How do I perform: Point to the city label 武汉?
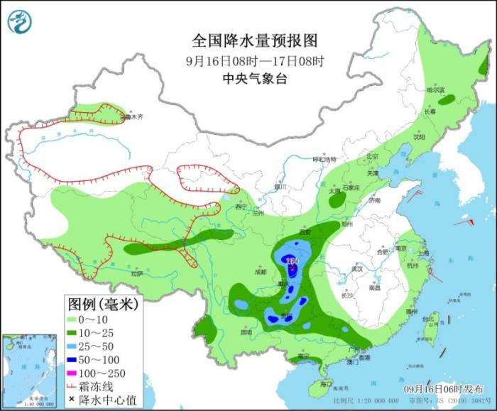[x=357, y=268]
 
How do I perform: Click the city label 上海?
[x=424, y=253]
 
